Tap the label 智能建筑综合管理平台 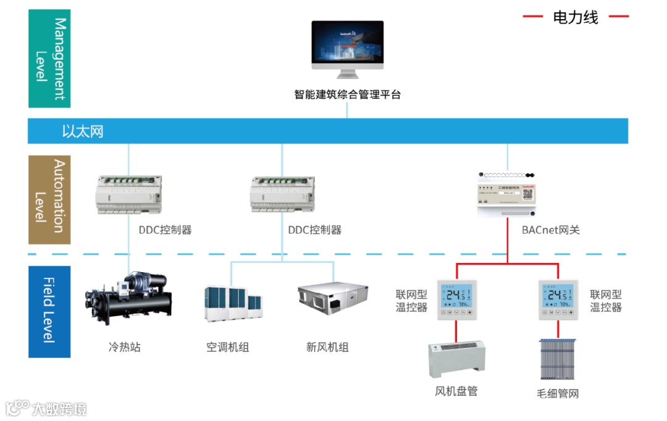(x=347, y=94)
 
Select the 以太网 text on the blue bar (x=82, y=131)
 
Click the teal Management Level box (x=49, y=59)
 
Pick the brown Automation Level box (x=49, y=199)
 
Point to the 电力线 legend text (x=576, y=17)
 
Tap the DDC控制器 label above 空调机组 (x=314, y=230)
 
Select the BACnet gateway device (x=507, y=194)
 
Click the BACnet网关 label (x=550, y=230)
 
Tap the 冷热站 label (x=124, y=347)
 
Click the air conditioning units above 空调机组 (x=233, y=304)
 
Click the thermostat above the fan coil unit (x=457, y=299)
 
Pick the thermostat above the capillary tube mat (x=558, y=299)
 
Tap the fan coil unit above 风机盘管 (x=456, y=359)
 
